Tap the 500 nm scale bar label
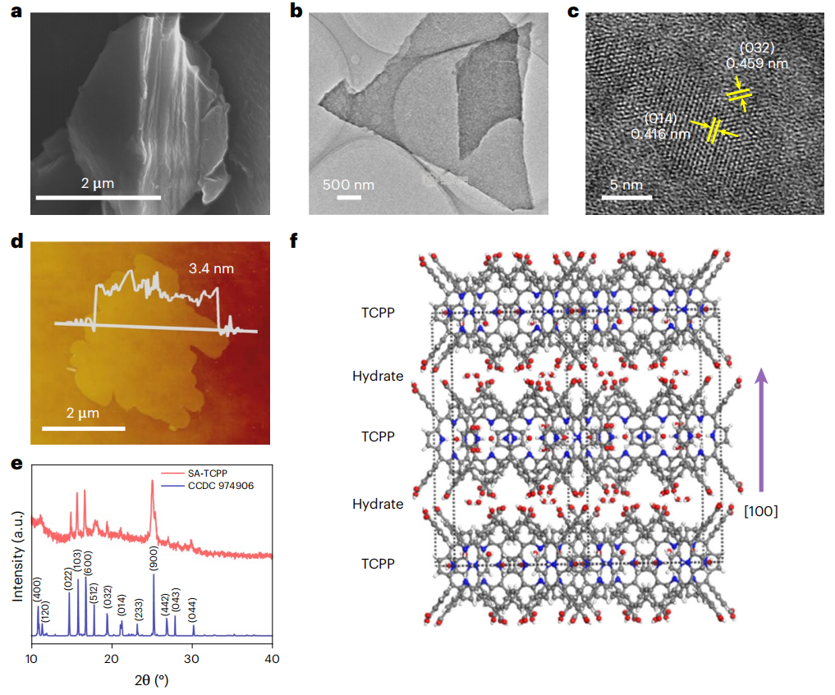click(348, 185)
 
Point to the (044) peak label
click(193, 611)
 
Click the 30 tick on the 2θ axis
click(192, 659)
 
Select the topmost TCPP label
click(378, 313)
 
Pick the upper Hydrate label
click(378, 376)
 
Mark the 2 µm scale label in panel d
click(83, 412)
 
